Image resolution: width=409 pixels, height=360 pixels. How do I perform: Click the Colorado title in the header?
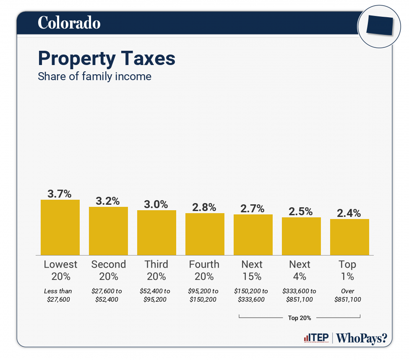tap(69, 23)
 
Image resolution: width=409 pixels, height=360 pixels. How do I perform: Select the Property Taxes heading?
tap(107, 58)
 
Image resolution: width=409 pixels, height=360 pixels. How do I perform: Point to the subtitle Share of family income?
tap(94, 77)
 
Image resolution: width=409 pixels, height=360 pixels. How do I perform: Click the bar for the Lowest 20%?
tap(60, 227)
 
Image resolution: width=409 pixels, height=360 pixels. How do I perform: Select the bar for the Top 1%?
tap(349, 237)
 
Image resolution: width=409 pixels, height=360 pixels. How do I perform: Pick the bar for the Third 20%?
tap(156, 232)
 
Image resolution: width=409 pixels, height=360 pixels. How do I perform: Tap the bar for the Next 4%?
tap(301, 236)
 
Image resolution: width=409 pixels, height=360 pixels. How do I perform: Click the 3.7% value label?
tap(60, 194)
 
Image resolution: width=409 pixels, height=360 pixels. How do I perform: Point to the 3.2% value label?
tap(108, 201)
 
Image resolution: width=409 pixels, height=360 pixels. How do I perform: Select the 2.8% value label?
tap(204, 207)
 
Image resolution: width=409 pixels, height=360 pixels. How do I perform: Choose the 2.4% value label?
tap(349, 213)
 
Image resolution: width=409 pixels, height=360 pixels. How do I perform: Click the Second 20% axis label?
tap(108, 270)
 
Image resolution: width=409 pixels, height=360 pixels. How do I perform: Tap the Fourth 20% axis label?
tap(204, 270)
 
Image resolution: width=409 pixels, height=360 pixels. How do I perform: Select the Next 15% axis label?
tap(252, 270)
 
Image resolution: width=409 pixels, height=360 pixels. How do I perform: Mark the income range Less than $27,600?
tap(58, 295)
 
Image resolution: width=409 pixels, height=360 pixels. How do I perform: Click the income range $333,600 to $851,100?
tap(300, 295)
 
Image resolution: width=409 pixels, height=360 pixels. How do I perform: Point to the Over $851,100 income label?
tap(348, 295)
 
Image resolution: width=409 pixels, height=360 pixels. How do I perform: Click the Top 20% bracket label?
tap(300, 318)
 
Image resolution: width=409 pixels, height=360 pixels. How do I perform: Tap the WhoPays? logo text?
tap(362, 338)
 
